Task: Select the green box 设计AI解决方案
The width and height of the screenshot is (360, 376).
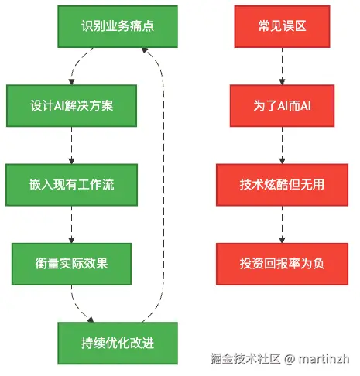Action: [71, 105]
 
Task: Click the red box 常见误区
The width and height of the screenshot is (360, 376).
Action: [282, 26]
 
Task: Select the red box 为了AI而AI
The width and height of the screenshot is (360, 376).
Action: [282, 105]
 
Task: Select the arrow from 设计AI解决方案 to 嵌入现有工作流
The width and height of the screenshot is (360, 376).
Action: [71, 145]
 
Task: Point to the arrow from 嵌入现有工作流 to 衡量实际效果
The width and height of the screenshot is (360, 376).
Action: [71, 224]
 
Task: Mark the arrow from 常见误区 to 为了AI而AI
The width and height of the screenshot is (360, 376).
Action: [282, 66]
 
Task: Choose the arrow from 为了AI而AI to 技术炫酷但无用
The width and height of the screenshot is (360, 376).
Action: [282, 145]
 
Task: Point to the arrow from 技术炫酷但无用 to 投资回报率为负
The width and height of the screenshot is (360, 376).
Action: [282, 224]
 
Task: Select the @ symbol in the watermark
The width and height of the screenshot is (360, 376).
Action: [287, 360]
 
